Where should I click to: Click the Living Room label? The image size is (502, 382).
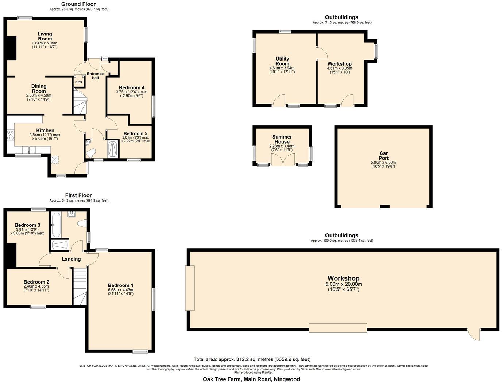click(45, 36)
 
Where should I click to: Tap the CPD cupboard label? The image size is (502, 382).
click(78, 82)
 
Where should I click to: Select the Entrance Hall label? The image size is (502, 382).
click(95, 76)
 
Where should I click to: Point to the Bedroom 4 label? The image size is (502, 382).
click(131, 87)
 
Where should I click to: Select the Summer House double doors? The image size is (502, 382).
click(283, 160)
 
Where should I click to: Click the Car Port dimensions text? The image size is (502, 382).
click(383, 164)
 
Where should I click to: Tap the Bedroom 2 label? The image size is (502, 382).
click(36, 282)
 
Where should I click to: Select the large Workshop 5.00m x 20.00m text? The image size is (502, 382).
click(343, 284)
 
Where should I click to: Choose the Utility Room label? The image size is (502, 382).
click(282, 61)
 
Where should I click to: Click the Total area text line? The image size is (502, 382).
click(252, 359)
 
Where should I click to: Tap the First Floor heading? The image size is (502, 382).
click(78, 195)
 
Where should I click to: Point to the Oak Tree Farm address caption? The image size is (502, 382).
click(251, 379)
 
